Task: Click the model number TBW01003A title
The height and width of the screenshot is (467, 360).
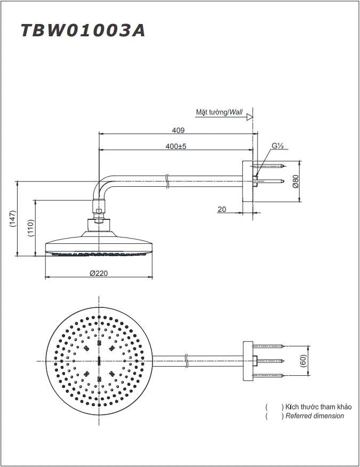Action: [83, 30]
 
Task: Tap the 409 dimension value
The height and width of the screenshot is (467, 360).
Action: [178, 130]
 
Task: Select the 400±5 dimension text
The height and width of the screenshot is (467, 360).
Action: [175, 146]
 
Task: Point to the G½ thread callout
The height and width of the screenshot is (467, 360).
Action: [277, 146]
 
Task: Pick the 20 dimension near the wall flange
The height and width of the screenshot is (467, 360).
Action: [222, 209]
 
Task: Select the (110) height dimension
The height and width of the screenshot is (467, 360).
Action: [31, 229]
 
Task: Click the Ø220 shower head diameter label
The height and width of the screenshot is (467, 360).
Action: [99, 273]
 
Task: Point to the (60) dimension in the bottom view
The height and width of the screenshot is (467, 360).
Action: [302, 361]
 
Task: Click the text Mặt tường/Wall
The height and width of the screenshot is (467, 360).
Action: [219, 113]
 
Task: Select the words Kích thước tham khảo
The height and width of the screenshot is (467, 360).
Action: [318, 407]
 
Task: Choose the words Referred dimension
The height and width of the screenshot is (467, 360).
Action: [315, 416]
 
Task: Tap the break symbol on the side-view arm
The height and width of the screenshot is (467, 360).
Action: [167, 180]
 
